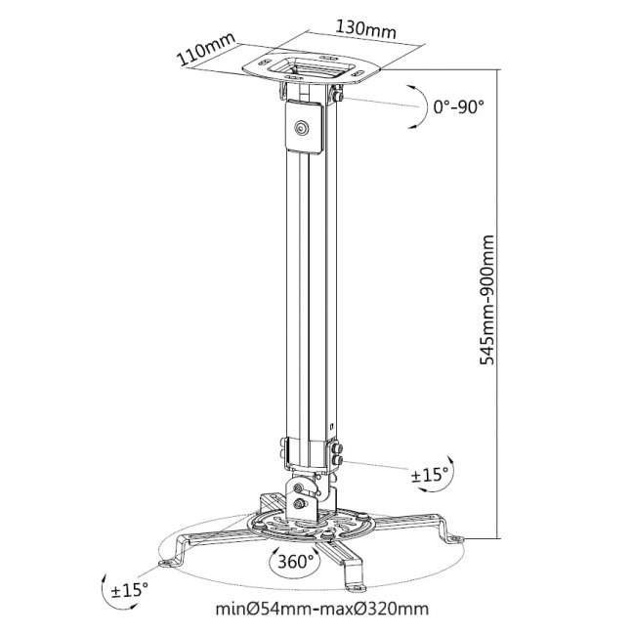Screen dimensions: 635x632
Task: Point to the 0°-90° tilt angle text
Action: [458, 106]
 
